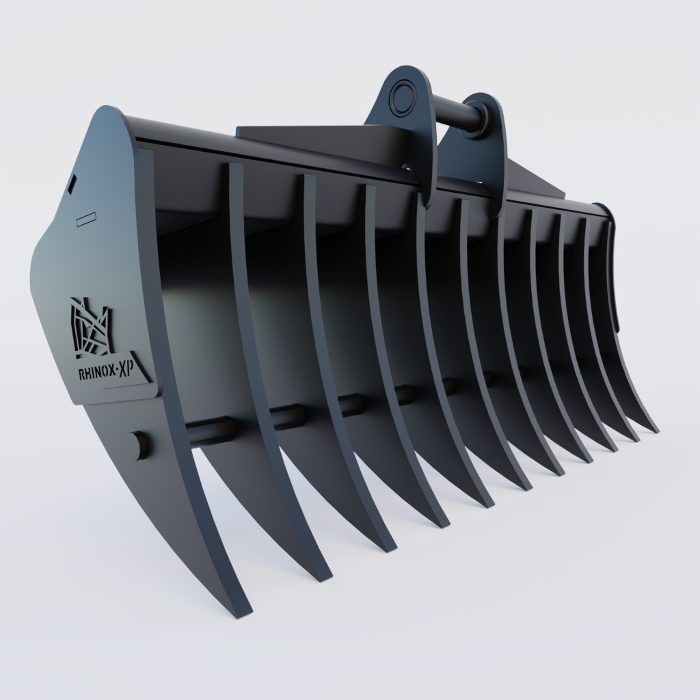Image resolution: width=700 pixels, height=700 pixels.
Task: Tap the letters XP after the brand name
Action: (x=125, y=370)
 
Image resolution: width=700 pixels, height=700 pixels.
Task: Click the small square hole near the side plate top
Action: (x=72, y=184)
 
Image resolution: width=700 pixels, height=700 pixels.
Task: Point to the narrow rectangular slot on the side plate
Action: (x=87, y=219)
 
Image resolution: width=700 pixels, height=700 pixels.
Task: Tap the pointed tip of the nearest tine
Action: (x=243, y=611)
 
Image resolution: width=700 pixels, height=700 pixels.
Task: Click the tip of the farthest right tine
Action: (x=654, y=430)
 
